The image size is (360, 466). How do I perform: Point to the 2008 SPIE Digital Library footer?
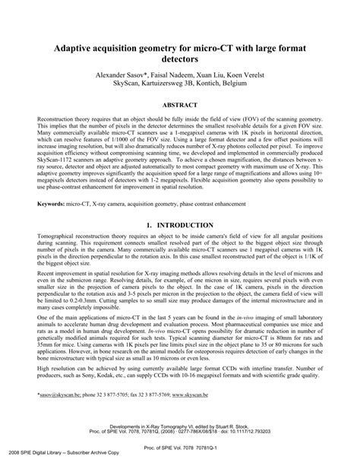point(47,461)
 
